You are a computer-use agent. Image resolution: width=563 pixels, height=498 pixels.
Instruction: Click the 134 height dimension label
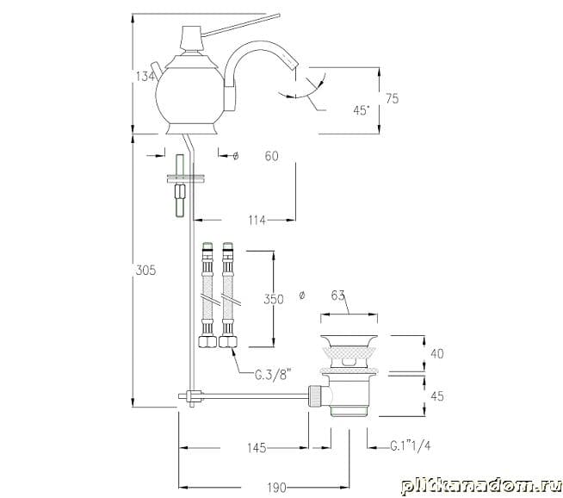click(x=145, y=77)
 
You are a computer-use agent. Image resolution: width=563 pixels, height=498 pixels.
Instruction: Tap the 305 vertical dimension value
click(x=145, y=270)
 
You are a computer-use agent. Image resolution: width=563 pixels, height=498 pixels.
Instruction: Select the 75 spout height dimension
click(x=392, y=98)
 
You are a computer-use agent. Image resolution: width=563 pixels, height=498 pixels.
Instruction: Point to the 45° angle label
click(x=362, y=110)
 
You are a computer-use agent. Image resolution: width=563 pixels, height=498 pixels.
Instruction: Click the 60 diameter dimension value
click(x=271, y=156)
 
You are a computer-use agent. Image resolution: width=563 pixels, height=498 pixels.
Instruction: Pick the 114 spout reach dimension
click(x=257, y=220)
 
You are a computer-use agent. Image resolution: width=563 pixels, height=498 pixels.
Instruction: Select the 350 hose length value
click(x=274, y=299)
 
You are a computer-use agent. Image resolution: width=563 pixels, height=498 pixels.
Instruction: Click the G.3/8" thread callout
click(x=273, y=375)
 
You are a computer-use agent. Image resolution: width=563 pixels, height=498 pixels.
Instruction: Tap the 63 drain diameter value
click(x=337, y=296)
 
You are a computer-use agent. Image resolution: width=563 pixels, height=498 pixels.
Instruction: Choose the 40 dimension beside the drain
click(x=437, y=353)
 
